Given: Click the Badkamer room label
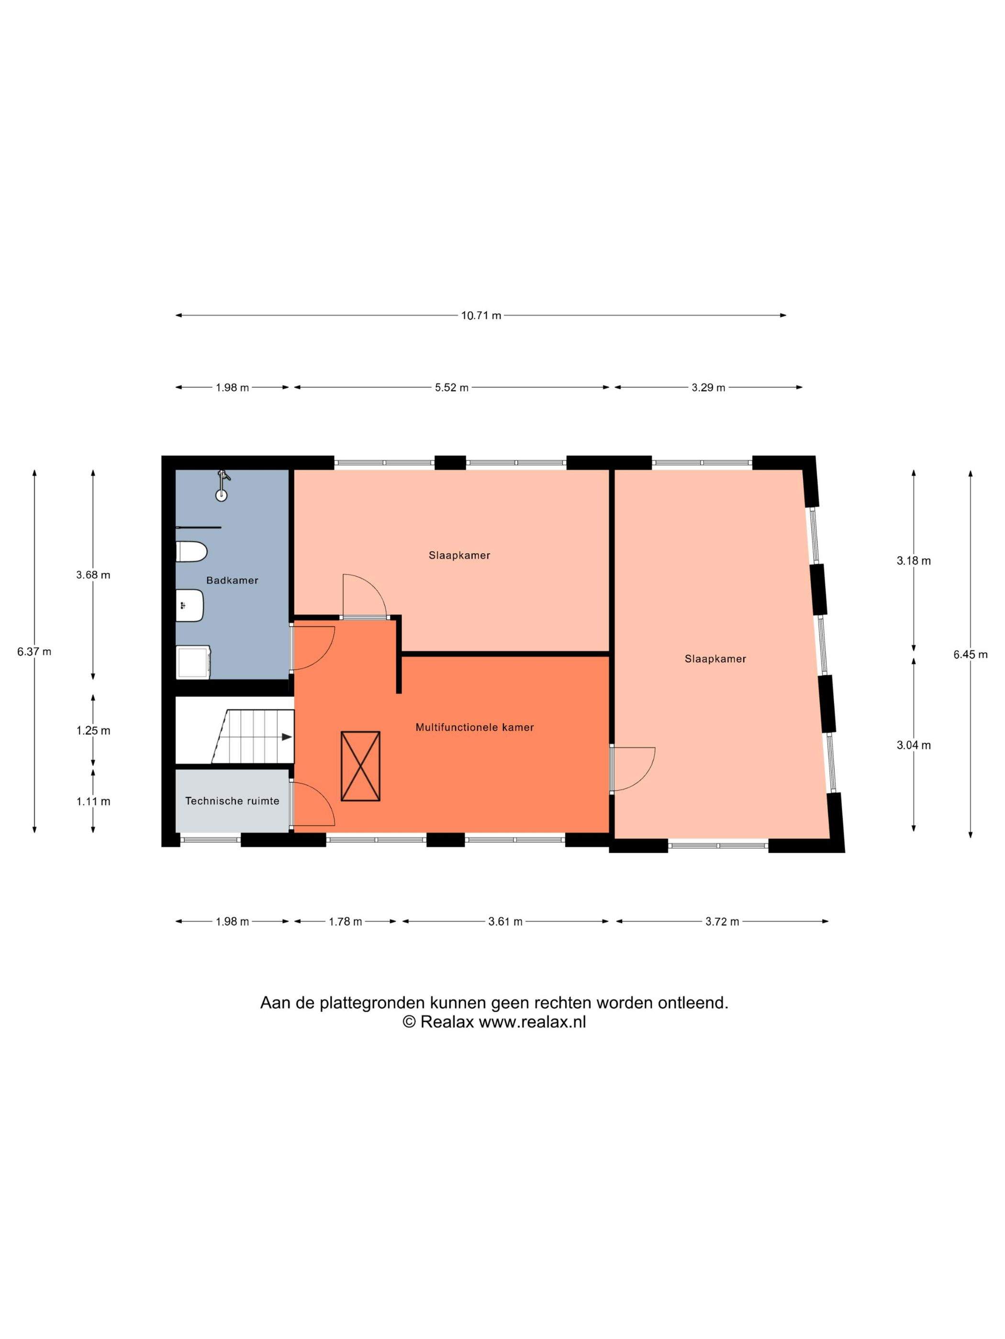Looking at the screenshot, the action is tap(232, 581).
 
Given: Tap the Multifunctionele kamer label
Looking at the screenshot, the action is tap(474, 728).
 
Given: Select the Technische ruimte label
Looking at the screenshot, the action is tap(232, 801).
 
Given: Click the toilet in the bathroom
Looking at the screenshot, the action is tap(191, 552).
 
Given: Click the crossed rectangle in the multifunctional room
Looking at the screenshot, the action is tap(360, 767).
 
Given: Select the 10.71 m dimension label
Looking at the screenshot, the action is tap(481, 315).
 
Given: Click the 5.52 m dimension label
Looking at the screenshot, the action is tap(451, 388).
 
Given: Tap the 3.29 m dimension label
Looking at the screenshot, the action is tap(708, 388).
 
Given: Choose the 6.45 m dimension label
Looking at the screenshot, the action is tap(971, 654).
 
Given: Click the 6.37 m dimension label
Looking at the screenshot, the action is tap(34, 652).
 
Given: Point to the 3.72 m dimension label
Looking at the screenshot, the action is tap(722, 922).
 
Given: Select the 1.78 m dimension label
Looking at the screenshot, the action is tap(346, 922).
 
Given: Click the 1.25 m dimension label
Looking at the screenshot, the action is tap(93, 731).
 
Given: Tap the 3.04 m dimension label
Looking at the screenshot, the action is tap(914, 745).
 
